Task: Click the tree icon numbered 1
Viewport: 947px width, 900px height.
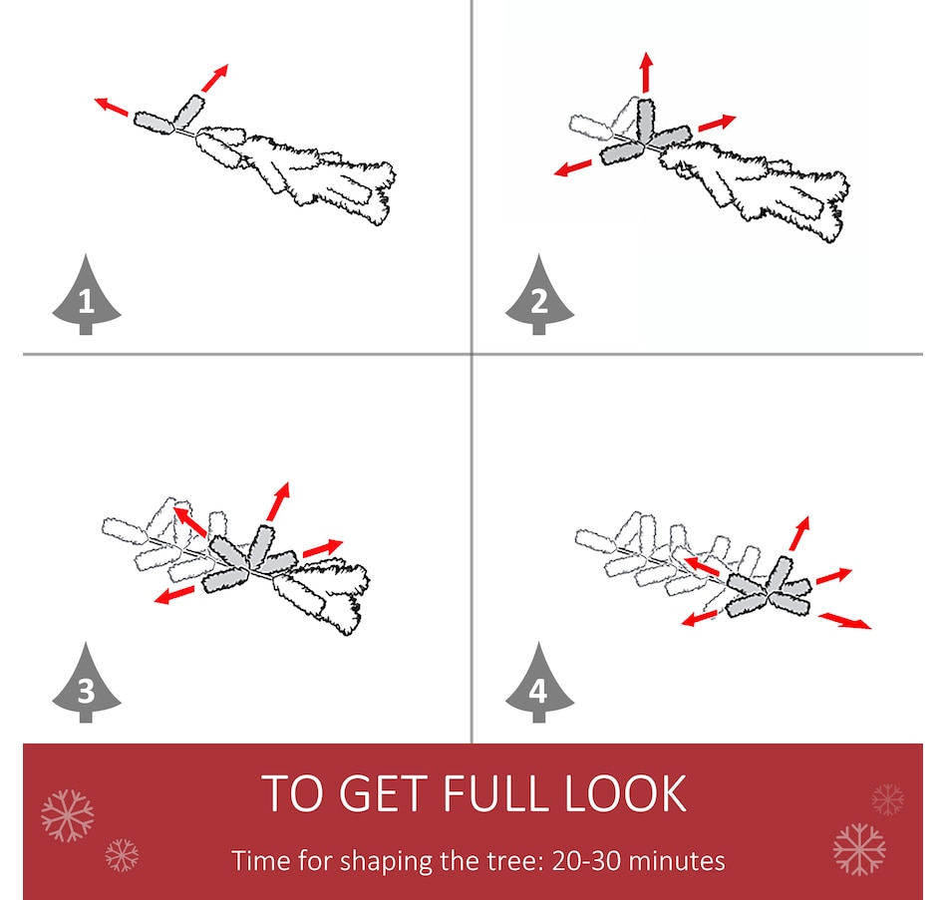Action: click(x=87, y=296)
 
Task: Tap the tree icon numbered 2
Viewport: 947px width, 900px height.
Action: click(x=539, y=296)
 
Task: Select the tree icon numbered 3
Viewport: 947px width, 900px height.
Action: click(x=87, y=684)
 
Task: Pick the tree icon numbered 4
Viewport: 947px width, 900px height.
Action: click(x=539, y=684)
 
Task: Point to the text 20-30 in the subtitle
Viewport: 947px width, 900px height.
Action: click(x=586, y=861)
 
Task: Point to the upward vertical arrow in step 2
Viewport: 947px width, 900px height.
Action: click(x=647, y=72)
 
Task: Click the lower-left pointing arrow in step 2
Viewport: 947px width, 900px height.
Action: click(x=573, y=167)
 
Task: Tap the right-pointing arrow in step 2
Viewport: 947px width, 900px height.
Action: click(x=718, y=123)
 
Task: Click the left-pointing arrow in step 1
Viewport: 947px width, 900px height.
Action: click(x=112, y=106)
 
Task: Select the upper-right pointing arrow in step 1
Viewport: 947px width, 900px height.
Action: click(x=215, y=78)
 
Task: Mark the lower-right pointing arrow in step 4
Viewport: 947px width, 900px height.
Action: click(x=845, y=621)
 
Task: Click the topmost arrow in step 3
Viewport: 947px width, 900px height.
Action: click(x=278, y=501)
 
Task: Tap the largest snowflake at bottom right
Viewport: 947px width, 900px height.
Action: click(x=859, y=849)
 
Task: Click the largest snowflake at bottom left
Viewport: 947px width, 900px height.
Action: click(x=68, y=815)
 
